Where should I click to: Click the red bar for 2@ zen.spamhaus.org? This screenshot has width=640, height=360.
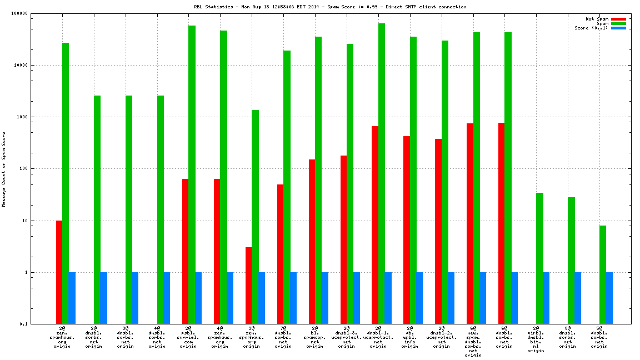click(59, 272)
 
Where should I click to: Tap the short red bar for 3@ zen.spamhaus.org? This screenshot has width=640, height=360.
click(248, 286)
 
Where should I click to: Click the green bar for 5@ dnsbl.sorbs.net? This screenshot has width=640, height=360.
click(603, 274)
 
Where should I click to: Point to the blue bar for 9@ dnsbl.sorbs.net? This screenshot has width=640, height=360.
click(578, 298)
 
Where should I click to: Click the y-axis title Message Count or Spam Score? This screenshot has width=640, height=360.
click(4, 169)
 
